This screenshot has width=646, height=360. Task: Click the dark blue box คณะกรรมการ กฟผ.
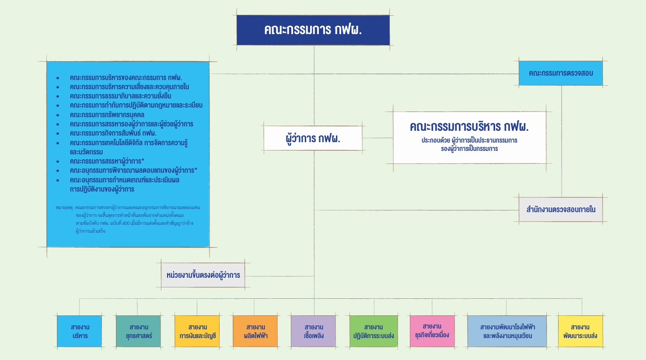(313, 30)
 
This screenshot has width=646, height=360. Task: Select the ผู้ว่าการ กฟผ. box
(313, 138)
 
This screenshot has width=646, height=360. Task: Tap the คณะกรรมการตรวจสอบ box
(561, 73)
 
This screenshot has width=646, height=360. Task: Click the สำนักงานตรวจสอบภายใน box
(561, 210)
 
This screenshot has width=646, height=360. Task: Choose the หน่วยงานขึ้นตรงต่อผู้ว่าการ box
(203, 275)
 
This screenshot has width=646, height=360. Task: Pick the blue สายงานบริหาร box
(80, 331)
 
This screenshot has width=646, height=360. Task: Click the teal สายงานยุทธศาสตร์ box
(138, 331)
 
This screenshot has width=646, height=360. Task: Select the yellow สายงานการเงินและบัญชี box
(197, 331)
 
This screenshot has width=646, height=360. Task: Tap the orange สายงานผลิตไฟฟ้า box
(255, 331)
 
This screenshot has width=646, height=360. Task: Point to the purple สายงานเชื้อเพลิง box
(314, 331)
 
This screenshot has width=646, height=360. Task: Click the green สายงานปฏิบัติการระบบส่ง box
(374, 331)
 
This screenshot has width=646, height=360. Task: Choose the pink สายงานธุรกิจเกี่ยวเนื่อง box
(432, 331)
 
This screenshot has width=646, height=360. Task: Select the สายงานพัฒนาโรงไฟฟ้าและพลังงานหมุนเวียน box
(507, 331)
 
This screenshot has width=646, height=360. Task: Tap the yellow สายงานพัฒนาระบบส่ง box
(580, 331)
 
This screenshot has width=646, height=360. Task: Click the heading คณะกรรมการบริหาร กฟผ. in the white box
(469, 127)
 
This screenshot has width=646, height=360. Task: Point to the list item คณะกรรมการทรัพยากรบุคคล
(107, 115)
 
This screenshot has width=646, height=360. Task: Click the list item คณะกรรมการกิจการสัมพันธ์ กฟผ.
(113, 133)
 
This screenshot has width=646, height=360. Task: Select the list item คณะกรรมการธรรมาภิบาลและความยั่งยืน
(121, 96)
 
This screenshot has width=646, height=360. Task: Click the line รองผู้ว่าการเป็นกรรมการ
(469, 149)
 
